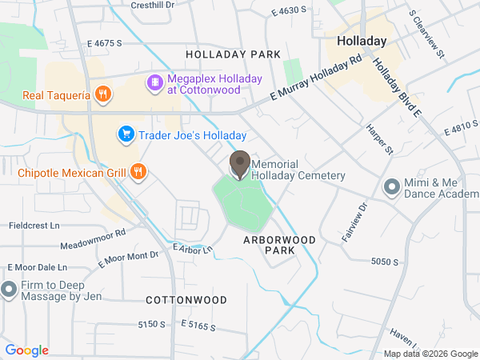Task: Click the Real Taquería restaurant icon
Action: [102, 95]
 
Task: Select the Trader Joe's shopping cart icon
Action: [125, 135]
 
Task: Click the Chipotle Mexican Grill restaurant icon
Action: [138, 171]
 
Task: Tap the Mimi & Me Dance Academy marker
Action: [391, 187]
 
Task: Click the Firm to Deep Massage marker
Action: [10, 289]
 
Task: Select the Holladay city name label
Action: [362, 41]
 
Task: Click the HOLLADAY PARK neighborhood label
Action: [233, 54]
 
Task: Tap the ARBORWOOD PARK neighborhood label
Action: [279, 245]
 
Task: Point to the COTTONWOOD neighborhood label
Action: [186, 300]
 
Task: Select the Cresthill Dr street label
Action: [153, 5]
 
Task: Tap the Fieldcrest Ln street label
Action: [34, 226]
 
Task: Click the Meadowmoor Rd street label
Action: [94, 238]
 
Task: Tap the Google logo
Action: [26, 350]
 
